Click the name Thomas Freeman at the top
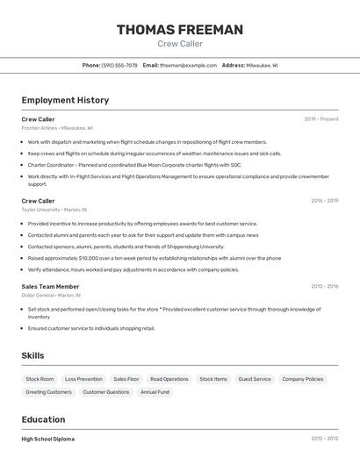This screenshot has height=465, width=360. tap(180, 30)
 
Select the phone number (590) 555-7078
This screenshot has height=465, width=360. tap(119, 65)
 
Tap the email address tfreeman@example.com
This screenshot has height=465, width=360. tap(188, 65)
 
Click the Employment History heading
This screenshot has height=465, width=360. tap(65, 100)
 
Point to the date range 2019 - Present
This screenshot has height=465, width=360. tap(321, 118)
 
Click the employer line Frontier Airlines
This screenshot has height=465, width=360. tap(57, 127)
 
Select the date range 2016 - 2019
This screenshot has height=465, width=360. tap(324, 201)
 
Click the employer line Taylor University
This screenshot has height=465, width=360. tap(54, 210)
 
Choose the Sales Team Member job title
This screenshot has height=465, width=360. tap(50, 286)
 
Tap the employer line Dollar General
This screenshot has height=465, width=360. tap(51, 295)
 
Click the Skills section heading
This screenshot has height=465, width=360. tap(33, 355)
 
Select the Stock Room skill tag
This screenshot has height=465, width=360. tap(40, 379)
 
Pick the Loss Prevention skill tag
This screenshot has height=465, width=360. tap(83, 379)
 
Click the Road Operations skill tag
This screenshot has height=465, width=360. tap(169, 379)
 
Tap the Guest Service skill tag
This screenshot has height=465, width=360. tap(255, 379)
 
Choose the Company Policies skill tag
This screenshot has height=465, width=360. tap(303, 379)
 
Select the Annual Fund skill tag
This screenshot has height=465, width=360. tap(155, 392)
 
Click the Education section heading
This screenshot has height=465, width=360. tap(43, 419)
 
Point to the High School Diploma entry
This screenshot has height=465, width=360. tap(48, 439)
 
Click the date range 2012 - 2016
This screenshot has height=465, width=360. tap(324, 439)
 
